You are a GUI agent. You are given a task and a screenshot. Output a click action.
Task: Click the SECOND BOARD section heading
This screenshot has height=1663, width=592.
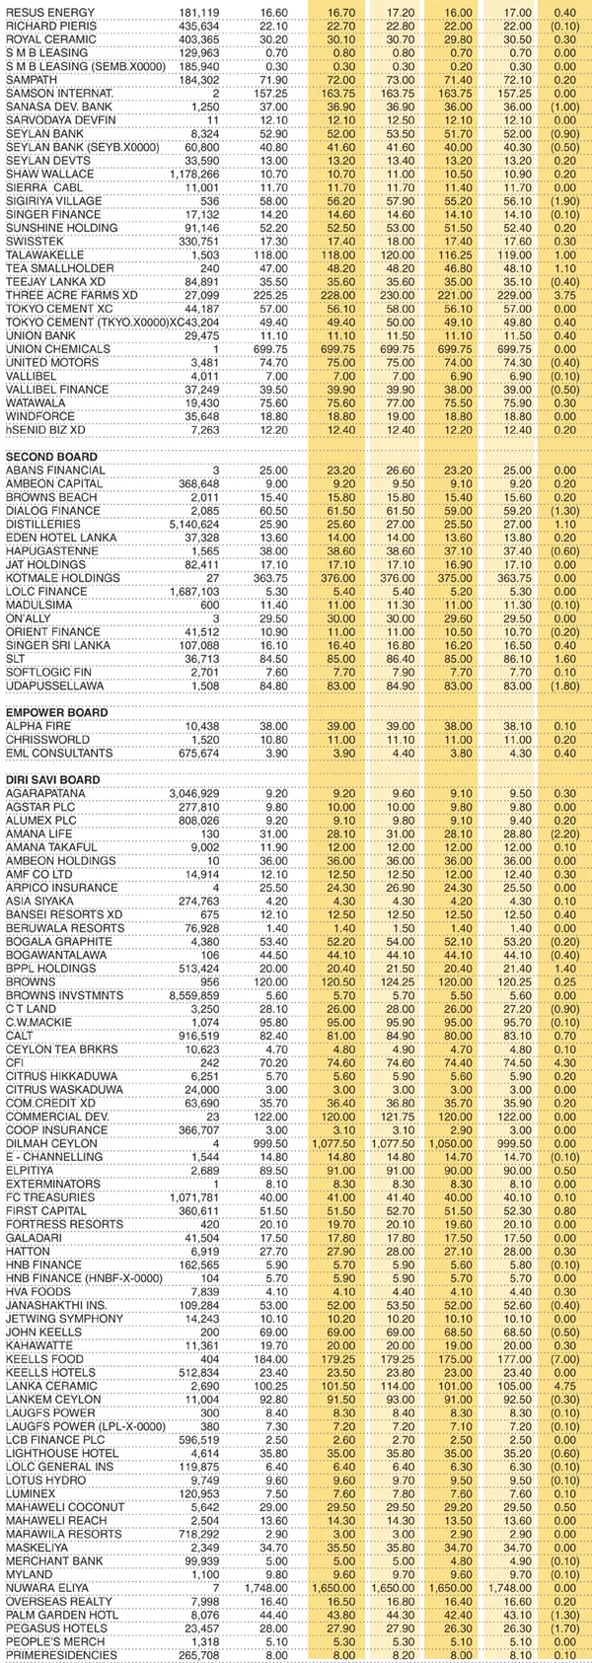tap(51, 457)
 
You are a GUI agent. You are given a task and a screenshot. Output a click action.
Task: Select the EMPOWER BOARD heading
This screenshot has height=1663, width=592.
tap(57, 711)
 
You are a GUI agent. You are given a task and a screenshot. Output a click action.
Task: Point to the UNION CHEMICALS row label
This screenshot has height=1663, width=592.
tap(51, 349)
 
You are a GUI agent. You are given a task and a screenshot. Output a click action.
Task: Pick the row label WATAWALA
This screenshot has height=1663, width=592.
tap(36, 402)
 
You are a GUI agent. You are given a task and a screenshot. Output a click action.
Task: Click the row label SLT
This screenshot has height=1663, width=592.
tap(16, 658)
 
